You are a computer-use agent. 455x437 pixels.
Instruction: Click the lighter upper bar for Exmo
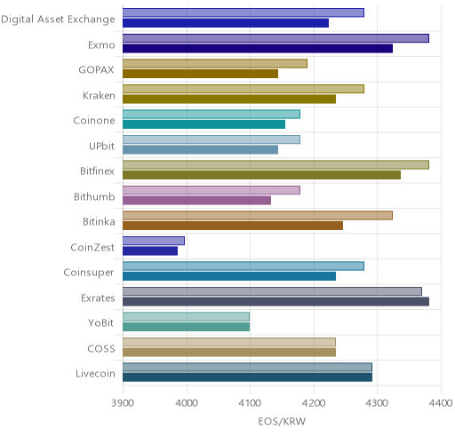coord(275,38)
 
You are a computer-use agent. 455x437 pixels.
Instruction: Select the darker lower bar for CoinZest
coord(150,251)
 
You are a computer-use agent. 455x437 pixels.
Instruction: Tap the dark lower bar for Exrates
coord(275,302)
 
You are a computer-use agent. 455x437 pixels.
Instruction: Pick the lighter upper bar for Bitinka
coord(258,215)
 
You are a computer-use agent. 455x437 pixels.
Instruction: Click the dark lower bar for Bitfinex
coord(262,175)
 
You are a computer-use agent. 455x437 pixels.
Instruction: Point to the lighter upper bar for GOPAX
coord(215,63)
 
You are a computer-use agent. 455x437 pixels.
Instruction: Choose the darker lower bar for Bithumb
coord(197,201)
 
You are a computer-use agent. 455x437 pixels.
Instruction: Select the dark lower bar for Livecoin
coord(248,377)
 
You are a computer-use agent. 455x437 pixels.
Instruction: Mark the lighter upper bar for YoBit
coord(187,317)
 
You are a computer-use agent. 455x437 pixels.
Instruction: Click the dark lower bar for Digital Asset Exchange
coord(226,23)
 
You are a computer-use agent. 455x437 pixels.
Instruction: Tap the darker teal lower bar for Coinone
coord(204,124)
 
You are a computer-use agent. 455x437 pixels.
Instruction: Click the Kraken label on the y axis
coord(99,96)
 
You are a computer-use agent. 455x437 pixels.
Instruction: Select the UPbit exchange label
coord(101,146)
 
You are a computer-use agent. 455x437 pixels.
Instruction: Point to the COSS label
coord(101,348)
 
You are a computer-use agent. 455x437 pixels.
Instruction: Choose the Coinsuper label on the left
coord(89,273)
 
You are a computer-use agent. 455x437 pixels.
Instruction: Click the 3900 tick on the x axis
coord(123,403)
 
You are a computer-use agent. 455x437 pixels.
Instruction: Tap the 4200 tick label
coord(314,403)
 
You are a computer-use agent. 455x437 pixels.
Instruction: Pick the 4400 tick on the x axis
coord(441,403)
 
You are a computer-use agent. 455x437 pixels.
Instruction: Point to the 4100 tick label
coord(250,403)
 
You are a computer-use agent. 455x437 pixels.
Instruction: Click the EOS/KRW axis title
coord(282,421)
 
